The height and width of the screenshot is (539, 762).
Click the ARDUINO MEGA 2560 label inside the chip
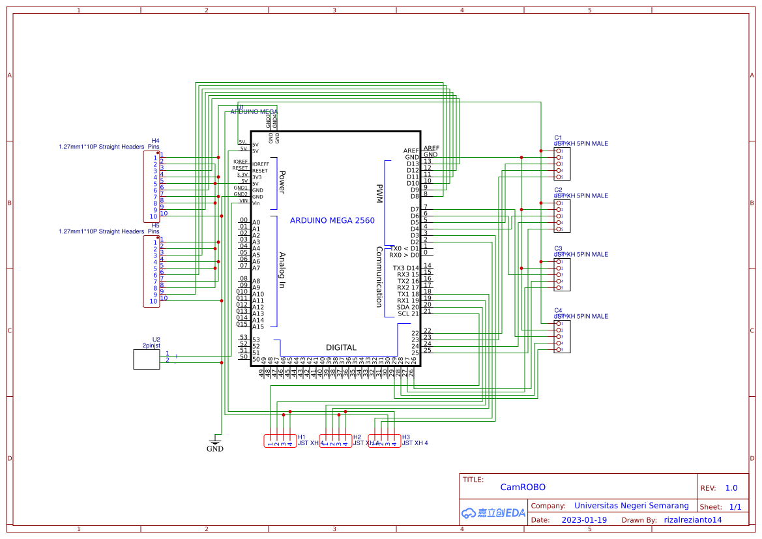coord(332,220)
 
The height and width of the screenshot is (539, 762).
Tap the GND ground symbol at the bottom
coord(215,445)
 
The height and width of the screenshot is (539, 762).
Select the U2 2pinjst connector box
coord(147,359)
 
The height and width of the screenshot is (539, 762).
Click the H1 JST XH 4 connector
coord(280,441)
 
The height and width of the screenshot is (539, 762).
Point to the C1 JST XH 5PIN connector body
coord(561,164)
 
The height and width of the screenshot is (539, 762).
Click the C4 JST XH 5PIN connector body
coord(561,336)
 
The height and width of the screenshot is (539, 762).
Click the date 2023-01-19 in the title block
coord(583,520)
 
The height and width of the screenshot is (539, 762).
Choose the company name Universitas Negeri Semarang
coord(631,505)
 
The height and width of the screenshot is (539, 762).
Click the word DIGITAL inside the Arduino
coord(341,348)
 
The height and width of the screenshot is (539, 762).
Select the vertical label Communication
coord(379,276)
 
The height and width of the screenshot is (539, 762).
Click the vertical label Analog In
coord(282,270)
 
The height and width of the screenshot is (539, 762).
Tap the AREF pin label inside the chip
coord(411,151)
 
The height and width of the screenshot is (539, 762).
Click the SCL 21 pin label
coord(408,313)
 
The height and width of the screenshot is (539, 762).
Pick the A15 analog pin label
coord(259,327)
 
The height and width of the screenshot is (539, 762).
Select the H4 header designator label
coord(155,140)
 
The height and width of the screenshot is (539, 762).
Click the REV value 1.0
coord(731,488)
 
